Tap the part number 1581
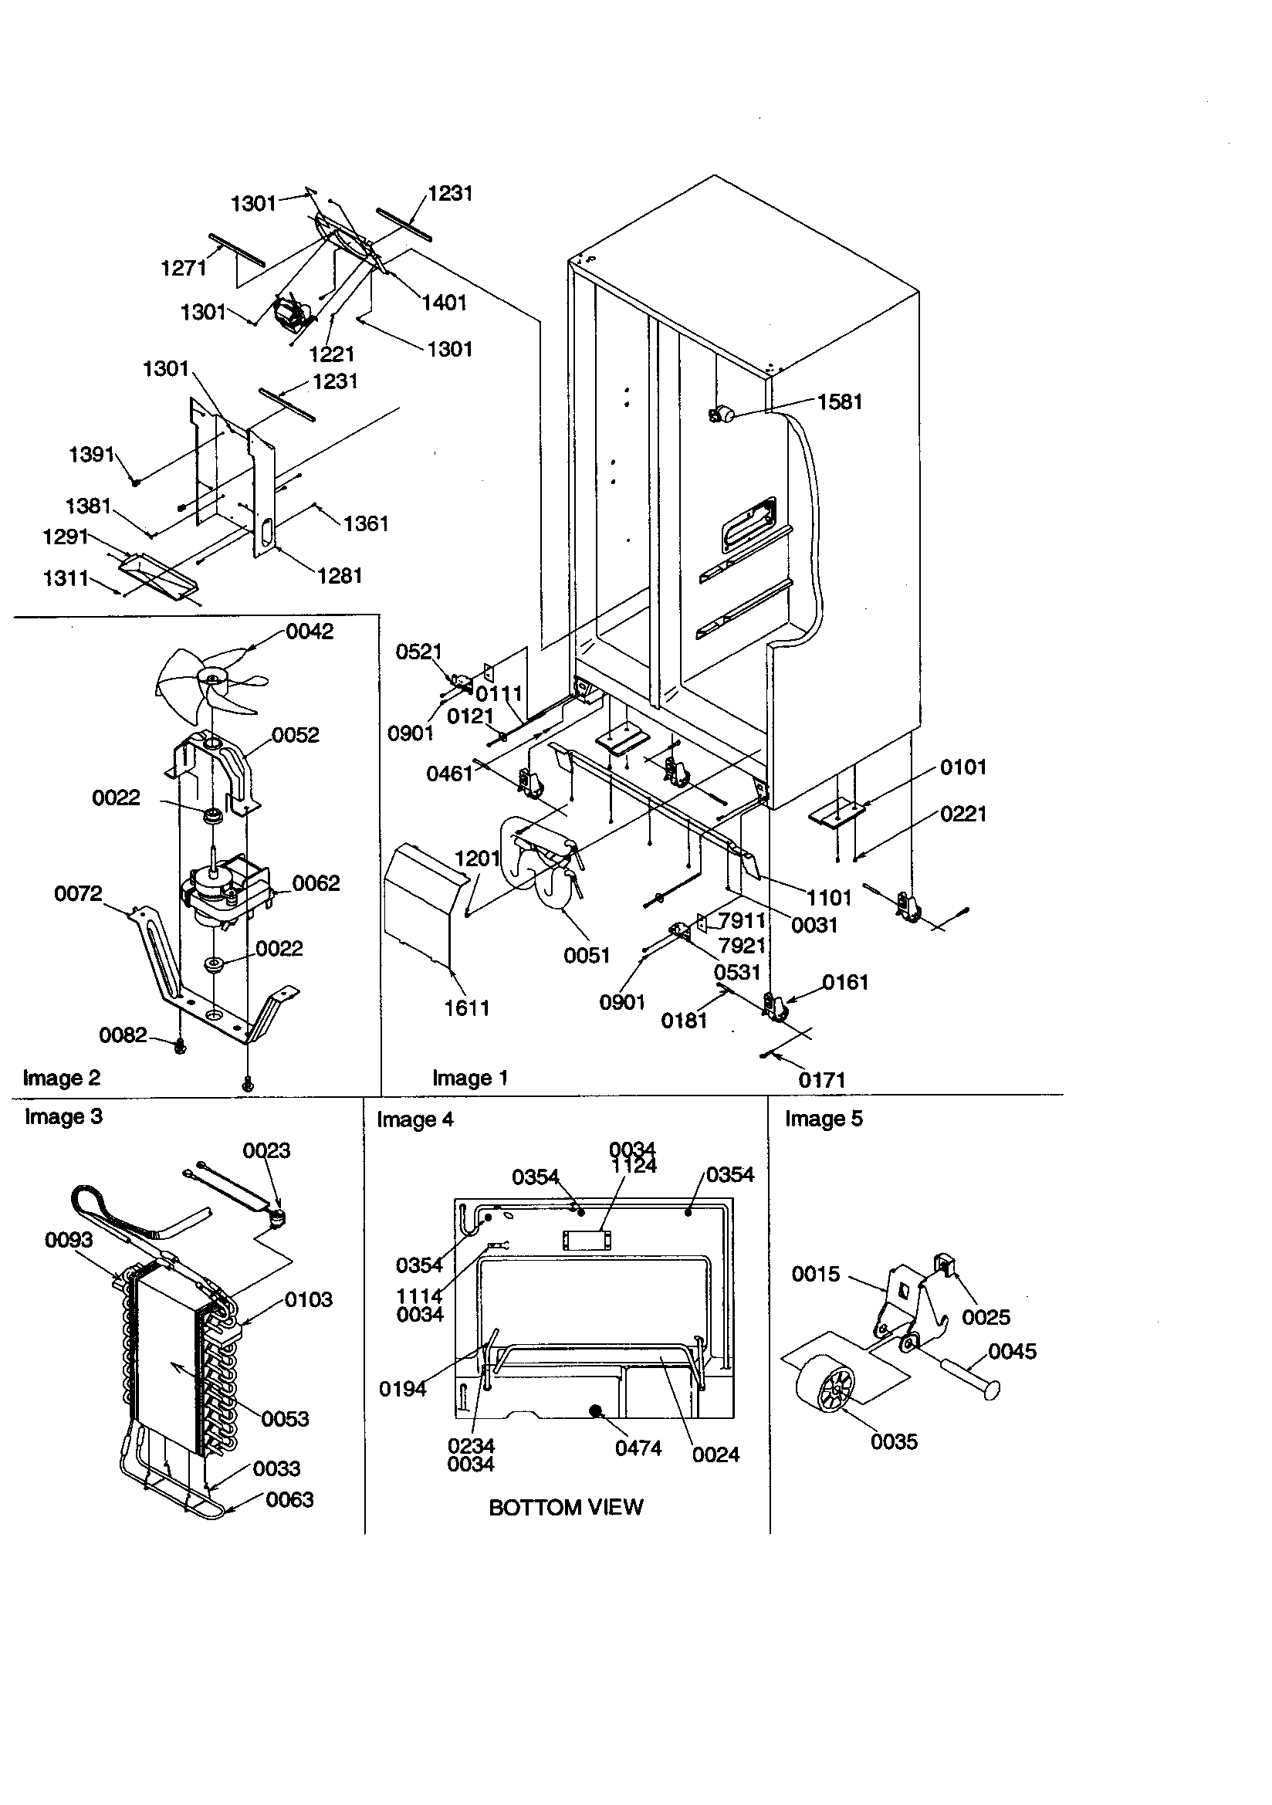(x=840, y=401)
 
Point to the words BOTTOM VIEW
(x=565, y=1508)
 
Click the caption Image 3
(x=64, y=1117)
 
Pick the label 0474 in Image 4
(x=638, y=1448)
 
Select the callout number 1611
(x=467, y=1008)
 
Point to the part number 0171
(x=821, y=1080)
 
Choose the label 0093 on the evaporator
(x=69, y=1241)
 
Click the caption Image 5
(x=823, y=1119)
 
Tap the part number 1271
(x=183, y=269)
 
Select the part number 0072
(x=78, y=893)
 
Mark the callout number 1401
(x=444, y=303)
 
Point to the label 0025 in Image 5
(x=986, y=1317)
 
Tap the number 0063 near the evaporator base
(x=289, y=1500)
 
